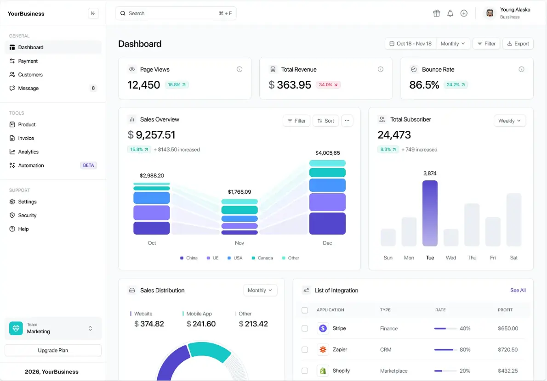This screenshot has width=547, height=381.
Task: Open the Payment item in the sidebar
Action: click(x=28, y=61)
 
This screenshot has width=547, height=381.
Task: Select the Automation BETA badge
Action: click(x=88, y=165)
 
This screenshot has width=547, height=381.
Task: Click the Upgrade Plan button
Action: click(x=53, y=350)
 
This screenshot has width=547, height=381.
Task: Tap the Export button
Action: click(x=518, y=44)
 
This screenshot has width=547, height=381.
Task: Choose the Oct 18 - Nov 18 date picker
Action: click(x=410, y=44)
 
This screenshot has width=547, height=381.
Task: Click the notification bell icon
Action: click(x=450, y=13)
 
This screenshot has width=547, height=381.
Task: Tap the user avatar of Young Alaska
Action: click(x=490, y=13)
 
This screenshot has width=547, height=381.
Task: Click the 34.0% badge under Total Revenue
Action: click(x=328, y=85)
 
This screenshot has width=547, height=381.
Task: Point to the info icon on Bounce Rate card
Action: click(x=521, y=69)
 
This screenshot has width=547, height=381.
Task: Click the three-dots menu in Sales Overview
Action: click(x=347, y=121)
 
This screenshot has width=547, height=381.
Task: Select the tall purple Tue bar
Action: click(x=430, y=213)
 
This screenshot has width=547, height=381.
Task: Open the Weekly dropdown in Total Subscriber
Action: click(x=509, y=121)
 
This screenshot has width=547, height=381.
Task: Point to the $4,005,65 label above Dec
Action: click(x=327, y=153)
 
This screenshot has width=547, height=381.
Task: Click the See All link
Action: click(x=518, y=290)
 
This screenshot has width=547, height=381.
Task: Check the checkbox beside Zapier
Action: click(x=305, y=349)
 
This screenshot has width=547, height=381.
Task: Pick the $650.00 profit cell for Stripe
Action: click(x=507, y=328)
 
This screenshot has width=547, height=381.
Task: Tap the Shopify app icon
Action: click(x=323, y=370)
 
